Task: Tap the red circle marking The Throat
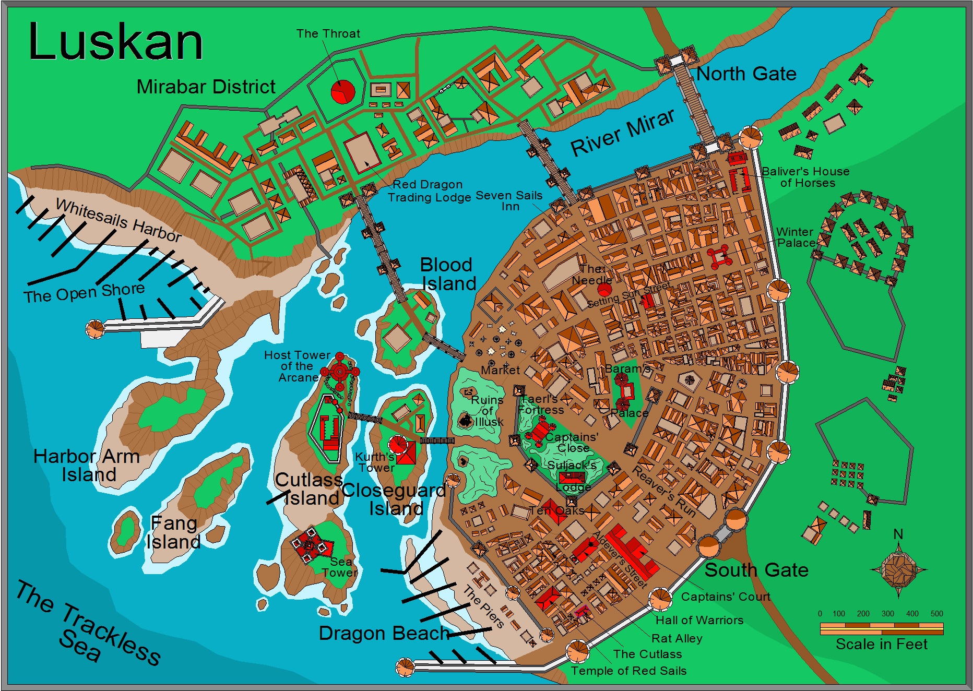343,92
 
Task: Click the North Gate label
746,74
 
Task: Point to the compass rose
898,569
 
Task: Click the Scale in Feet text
881,644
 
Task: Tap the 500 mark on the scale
936,614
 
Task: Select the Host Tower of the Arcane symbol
340,372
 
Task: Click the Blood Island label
448,274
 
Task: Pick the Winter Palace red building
718,257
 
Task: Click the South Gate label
756,570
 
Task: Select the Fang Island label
173,532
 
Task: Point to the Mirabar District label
206,87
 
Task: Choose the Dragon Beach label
384,633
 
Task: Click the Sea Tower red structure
308,545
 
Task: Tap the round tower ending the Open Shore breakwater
95,329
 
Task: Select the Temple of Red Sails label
628,671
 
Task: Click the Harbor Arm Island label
87,465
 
